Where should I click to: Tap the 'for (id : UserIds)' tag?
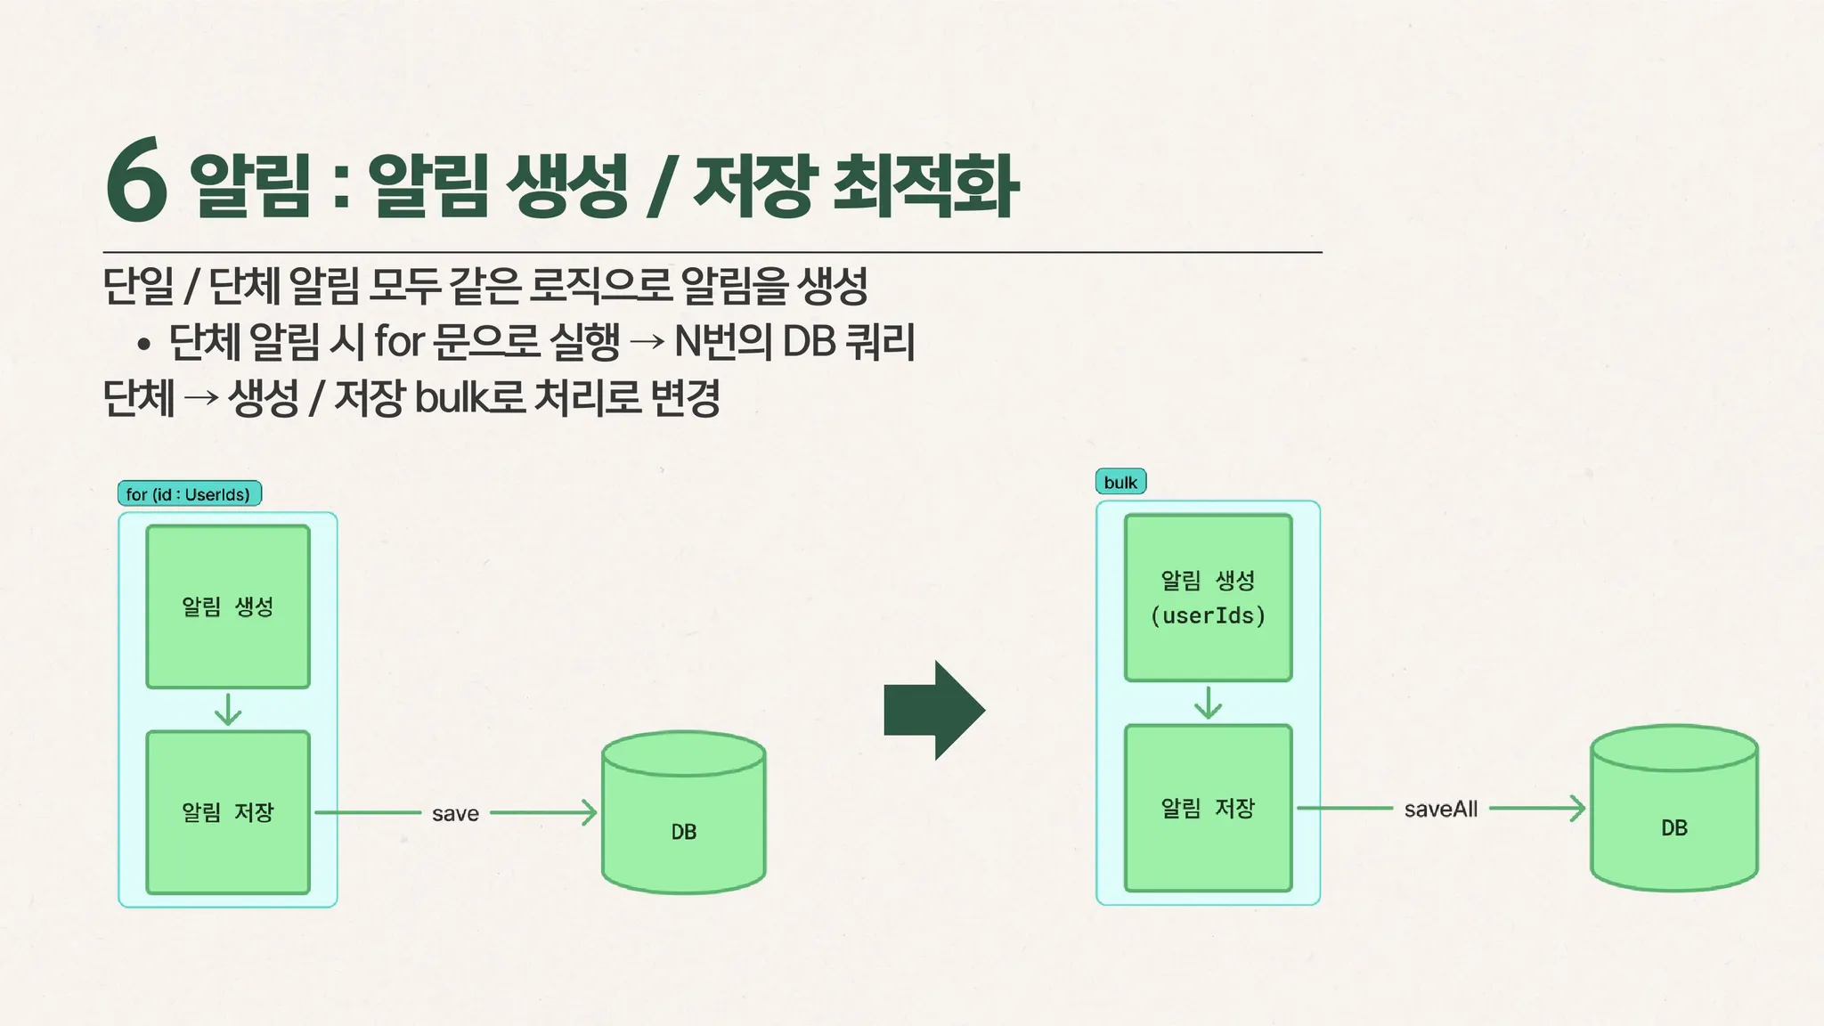[x=189, y=494]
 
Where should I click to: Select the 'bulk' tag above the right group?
[x=1120, y=483]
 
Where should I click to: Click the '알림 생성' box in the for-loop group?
[x=228, y=607]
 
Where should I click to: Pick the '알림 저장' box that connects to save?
[x=228, y=812]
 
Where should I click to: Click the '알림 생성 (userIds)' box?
[x=1208, y=598]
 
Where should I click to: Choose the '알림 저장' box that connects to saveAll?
[x=1208, y=808]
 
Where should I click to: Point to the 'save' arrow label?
[x=455, y=814]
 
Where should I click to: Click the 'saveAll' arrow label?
[x=1440, y=810]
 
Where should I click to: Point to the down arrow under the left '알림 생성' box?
[x=228, y=710]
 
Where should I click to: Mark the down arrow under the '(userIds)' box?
[x=1208, y=703]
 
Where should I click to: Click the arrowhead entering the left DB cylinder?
[x=590, y=812]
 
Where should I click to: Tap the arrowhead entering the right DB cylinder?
[x=1578, y=809]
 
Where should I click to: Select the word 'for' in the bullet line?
[x=397, y=341]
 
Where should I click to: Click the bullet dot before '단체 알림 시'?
[x=143, y=345]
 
